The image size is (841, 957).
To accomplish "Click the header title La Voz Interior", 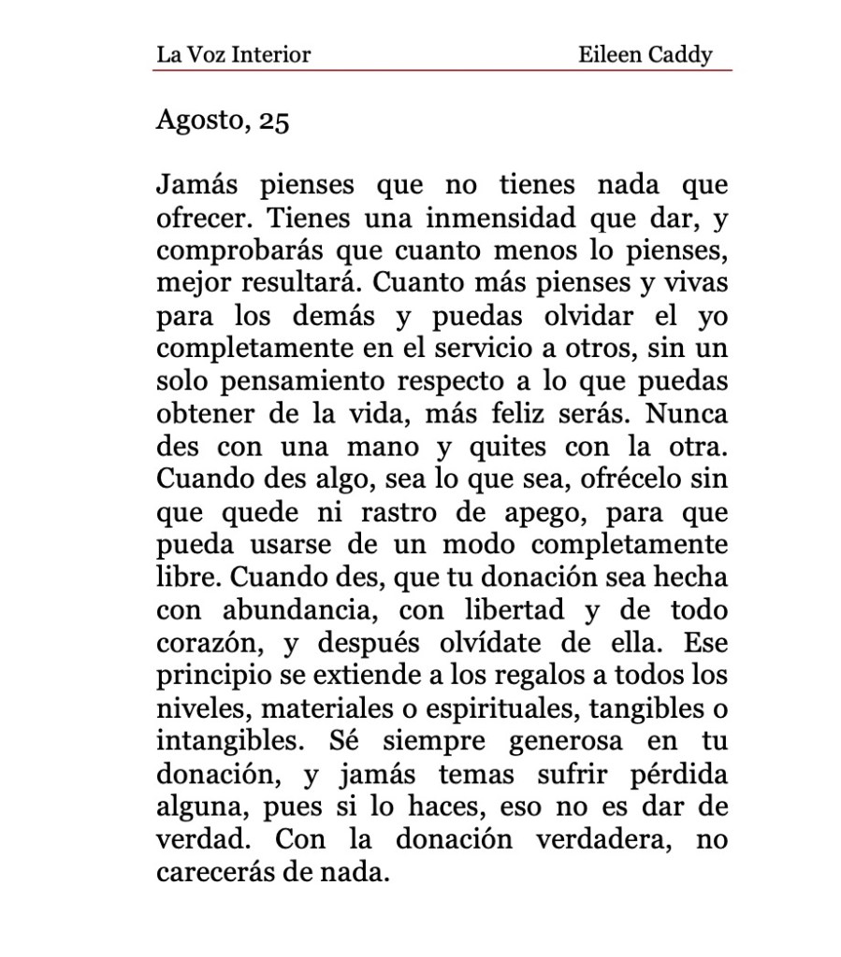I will tap(233, 54).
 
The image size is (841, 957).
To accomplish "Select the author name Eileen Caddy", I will tap(645, 54).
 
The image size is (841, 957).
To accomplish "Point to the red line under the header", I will tap(443, 70).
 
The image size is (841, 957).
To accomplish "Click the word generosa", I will tap(570, 741).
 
